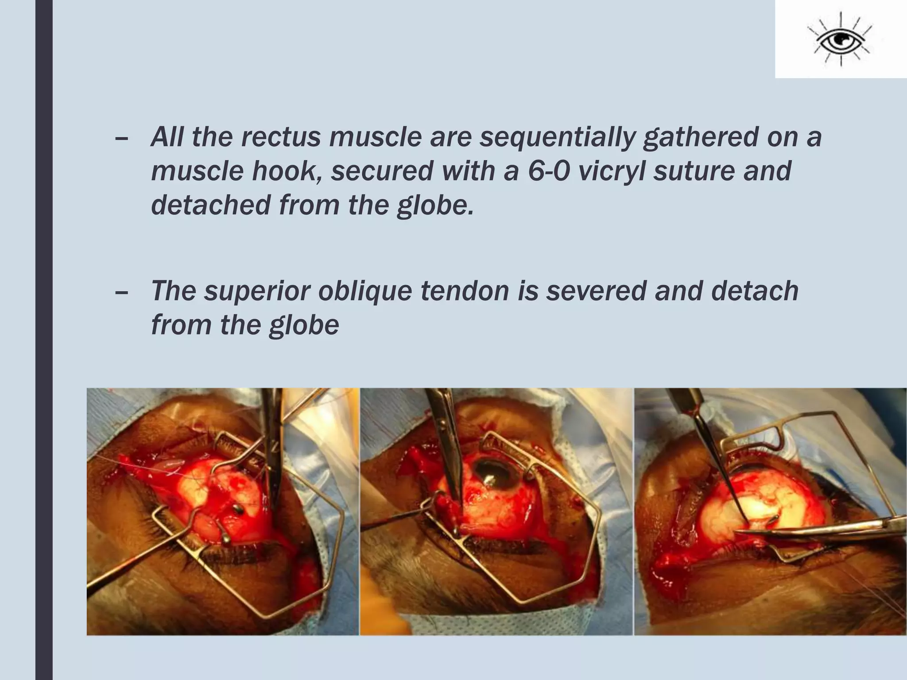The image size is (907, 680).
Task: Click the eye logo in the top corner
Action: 840,41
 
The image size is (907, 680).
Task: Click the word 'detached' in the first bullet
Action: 211,205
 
